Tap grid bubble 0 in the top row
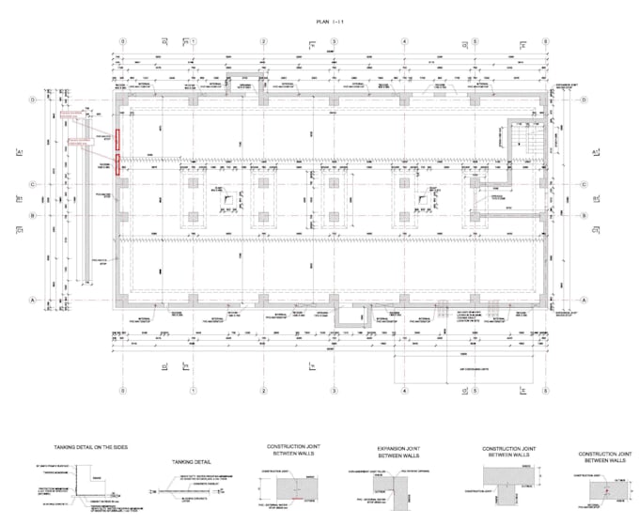point(122,42)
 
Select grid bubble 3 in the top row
point(334,42)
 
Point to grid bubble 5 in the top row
point(475,42)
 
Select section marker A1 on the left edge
point(19,151)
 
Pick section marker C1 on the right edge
point(595,228)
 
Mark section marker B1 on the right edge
point(595,199)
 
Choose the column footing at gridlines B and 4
point(404,215)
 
